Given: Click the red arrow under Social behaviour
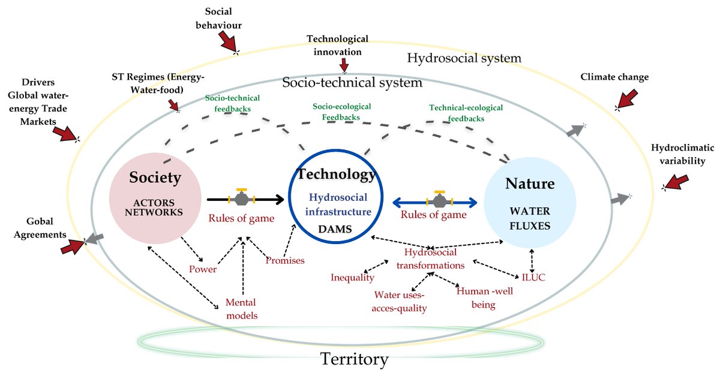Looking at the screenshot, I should coord(227,43).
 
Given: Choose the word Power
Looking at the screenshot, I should coord(202,269).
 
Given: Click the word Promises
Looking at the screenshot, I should coord(285,260).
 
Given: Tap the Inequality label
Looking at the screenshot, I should coord(352,277).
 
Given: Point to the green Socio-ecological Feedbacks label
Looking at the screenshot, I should coord(342,112).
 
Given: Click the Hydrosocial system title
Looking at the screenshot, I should coord(464,58).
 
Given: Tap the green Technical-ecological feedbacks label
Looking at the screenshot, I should coord(457,113).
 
